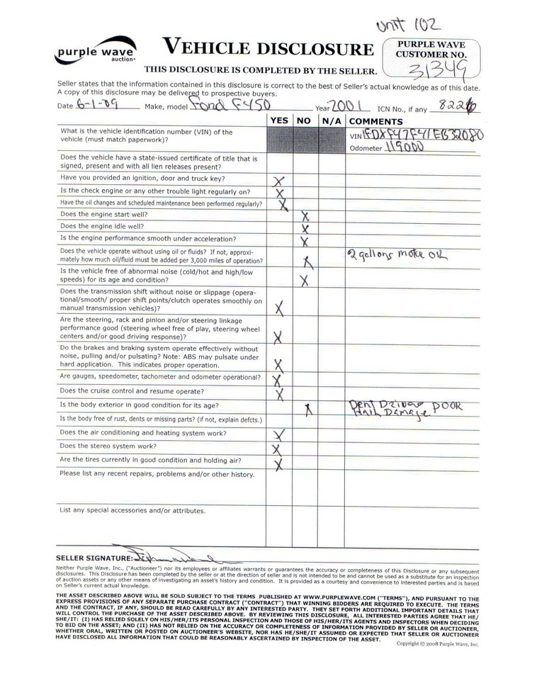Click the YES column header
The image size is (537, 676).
click(x=279, y=120)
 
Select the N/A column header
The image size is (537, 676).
click(x=331, y=120)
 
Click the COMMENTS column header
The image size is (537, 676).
click(x=375, y=120)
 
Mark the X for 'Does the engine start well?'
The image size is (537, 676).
click(x=305, y=215)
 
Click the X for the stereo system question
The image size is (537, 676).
click(x=278, y=449)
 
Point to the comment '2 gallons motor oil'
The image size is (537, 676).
click(x=398, y=255)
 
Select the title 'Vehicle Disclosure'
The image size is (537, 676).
click(x=268, y=47)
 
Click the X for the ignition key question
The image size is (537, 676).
click(x=278, y=181)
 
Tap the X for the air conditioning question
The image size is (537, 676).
click(x=278, y=434)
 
